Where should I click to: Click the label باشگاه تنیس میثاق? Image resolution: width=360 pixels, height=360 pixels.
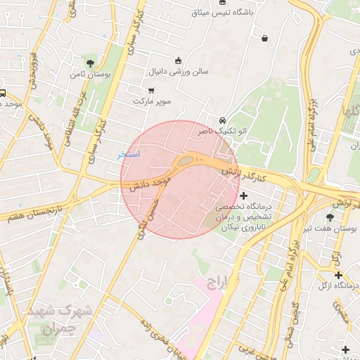tap(223, 13)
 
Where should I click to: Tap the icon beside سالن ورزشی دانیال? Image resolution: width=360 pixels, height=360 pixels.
tap(178, 60)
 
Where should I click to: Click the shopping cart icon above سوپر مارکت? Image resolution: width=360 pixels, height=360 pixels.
tap(152, 90)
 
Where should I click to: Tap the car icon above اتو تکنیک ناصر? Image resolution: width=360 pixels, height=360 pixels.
tap(223, 120)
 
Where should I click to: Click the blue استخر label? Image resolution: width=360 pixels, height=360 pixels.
tap(129, 153)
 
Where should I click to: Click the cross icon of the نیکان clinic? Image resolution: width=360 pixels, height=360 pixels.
tap(244, 195)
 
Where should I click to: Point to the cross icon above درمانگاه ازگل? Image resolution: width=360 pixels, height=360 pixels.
tap(339, 274)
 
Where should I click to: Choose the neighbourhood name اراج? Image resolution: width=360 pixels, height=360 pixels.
tap(218, 283)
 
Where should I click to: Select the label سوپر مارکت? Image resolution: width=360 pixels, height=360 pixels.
tap(152, 102)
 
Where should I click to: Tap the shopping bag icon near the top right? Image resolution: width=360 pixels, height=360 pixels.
tap(264, 38)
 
